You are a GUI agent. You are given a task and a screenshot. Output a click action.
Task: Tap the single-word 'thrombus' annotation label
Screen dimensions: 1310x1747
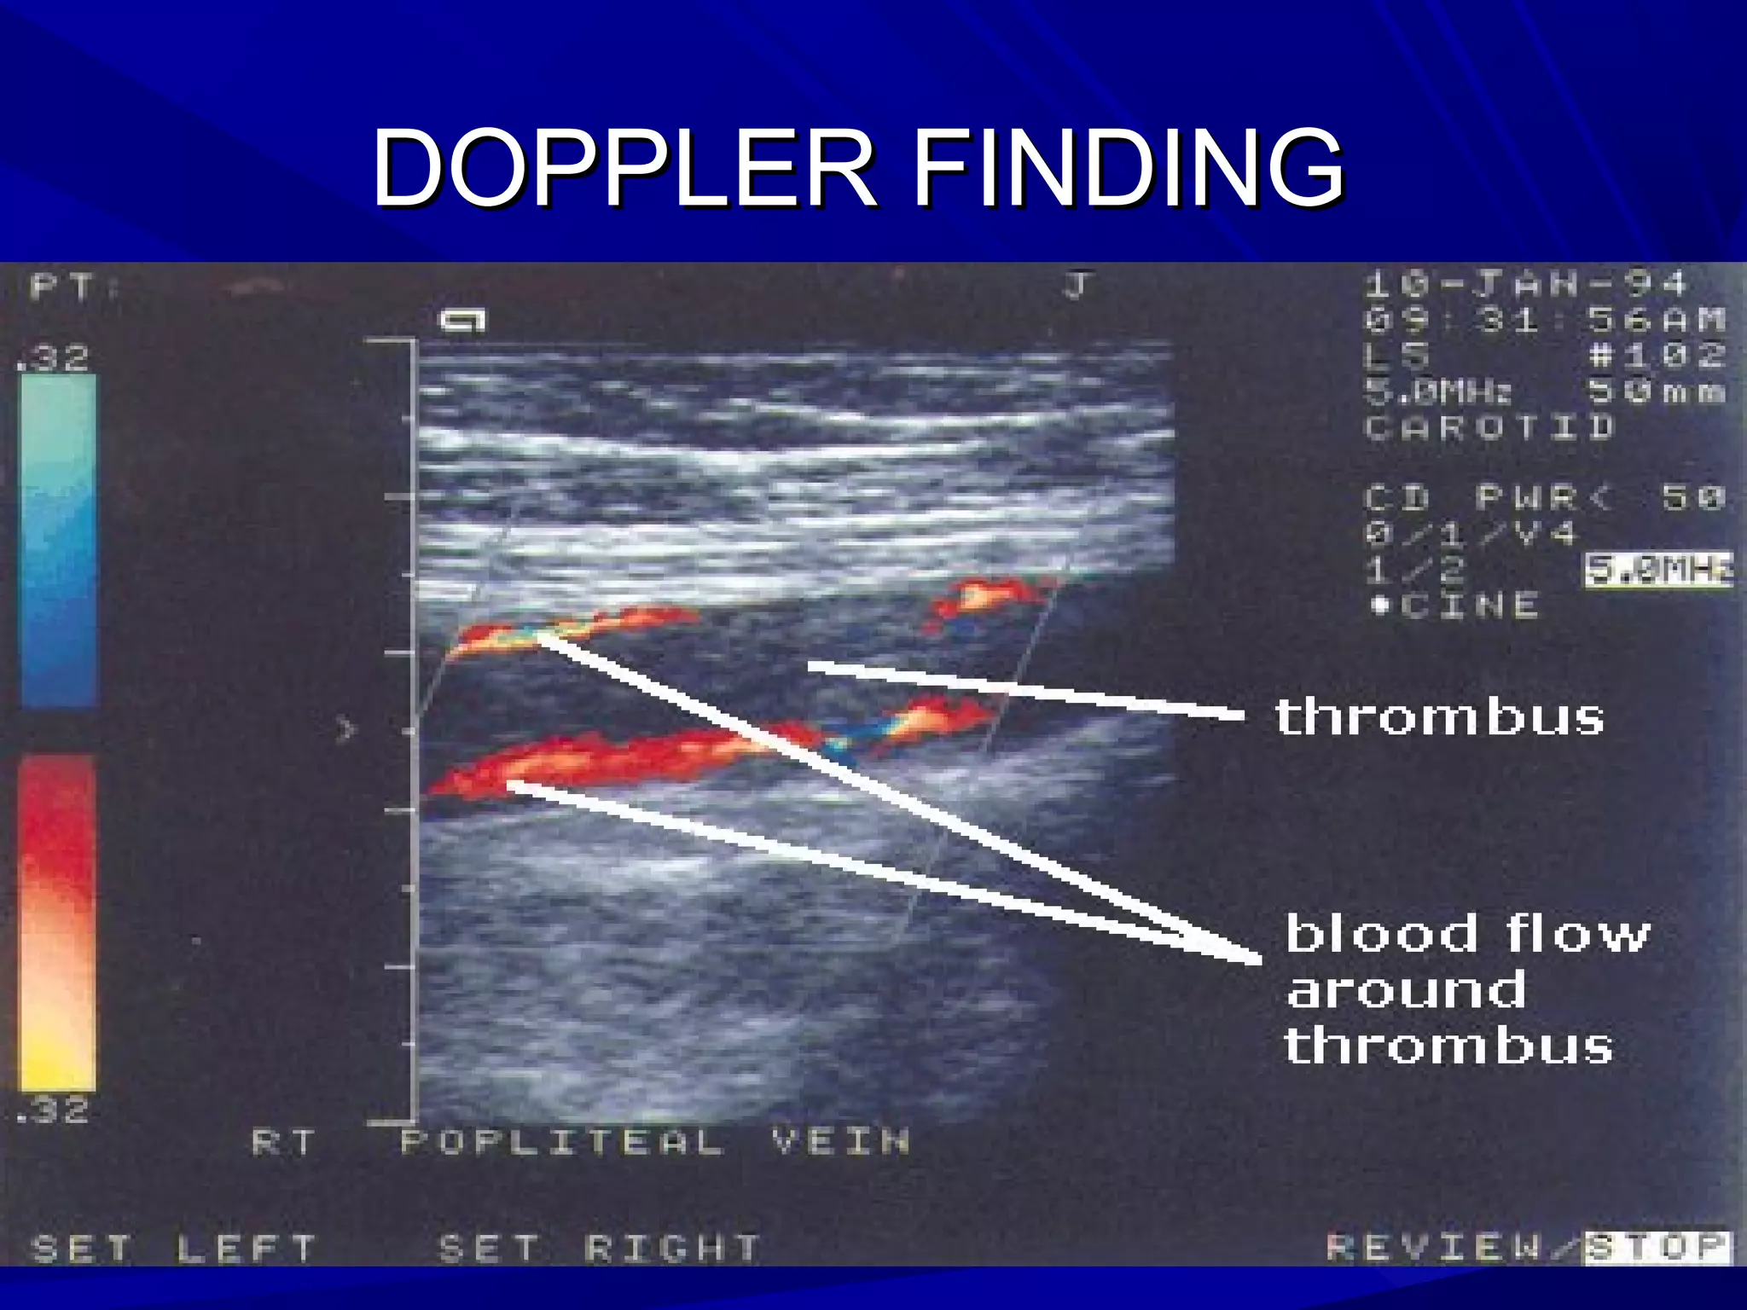point(1439,716)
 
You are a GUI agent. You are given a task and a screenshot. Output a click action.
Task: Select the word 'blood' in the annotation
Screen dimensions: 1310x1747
point(1381,934)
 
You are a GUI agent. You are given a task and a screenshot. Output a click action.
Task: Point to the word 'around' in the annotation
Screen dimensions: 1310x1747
point(1407,990)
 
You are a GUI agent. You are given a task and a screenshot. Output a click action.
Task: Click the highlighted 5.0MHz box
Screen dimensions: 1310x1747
point(1658,570)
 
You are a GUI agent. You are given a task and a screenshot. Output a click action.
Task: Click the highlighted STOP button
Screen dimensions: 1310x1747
point(1657,1247)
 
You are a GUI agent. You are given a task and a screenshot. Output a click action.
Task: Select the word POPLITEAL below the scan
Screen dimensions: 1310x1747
point(562,1142)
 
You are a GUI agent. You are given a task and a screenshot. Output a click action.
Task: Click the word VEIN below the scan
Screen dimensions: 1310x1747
point(841,1142)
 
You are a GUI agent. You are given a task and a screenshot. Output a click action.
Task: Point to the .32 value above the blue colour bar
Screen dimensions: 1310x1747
point(53,358)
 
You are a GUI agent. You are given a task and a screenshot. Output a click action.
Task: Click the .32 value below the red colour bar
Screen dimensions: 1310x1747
point(53,1110)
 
